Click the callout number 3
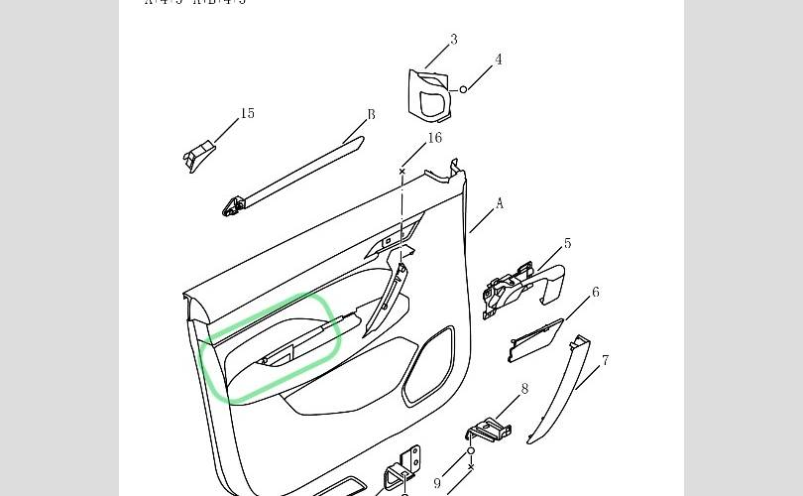(454, 40)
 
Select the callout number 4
(499, 60)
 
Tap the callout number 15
(248, 113)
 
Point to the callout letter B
(372, 114)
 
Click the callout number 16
(435, 138)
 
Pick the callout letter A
(500, 203)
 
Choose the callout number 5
(567, 243)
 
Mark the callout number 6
(596, 293)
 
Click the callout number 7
(605, 361)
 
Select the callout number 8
(524, 389)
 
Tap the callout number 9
(437, 483)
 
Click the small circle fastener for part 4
(463, 90)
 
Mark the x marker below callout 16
(401, 172)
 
